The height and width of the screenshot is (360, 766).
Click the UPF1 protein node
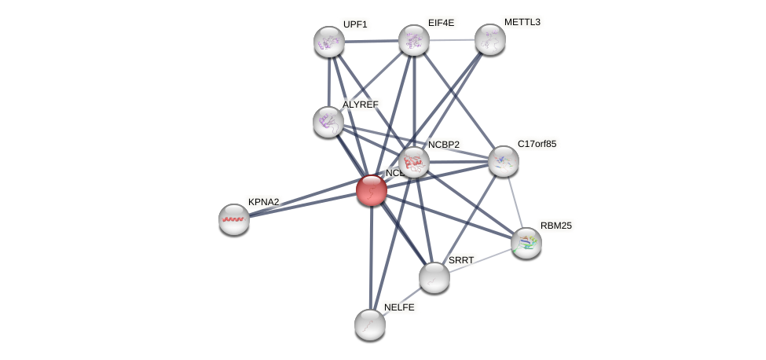[329, 42]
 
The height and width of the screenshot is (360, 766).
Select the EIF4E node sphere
[414, 40]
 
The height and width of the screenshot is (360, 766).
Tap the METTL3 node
[489, 39]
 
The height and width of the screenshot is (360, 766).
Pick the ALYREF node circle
[328, 122]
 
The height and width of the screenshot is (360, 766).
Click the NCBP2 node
[414, 162]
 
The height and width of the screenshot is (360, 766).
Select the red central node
[372, 190]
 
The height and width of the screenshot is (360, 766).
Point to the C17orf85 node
[503, 161]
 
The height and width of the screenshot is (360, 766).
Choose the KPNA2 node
[234, 219]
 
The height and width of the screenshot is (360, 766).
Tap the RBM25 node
[526, 243]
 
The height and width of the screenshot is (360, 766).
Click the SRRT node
[434, 277]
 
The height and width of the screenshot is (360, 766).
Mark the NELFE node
[370, 324]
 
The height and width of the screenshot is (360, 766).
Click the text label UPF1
[355, 24]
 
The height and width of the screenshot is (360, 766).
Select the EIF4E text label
[441, 23]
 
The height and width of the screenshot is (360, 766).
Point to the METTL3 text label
[522, 22]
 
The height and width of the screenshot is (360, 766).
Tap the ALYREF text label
[361, 105]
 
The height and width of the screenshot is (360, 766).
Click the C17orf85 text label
[537, 144]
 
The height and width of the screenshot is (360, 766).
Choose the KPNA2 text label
[264, 202]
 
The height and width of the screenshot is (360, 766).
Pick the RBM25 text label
[556, 226]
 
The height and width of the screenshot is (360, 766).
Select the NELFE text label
[399, 307]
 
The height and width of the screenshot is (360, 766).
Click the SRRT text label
[461, 260]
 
